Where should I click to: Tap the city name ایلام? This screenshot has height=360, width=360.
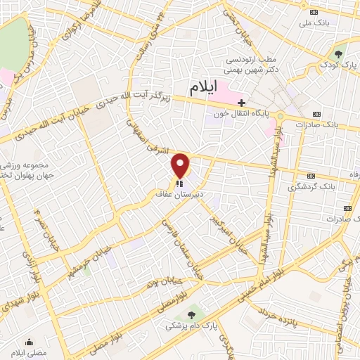point(210,89)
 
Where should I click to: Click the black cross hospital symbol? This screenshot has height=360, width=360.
point(242,102)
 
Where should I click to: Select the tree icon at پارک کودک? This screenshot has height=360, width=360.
point(338,54)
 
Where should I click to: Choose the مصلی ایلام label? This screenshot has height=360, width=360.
point(29,352)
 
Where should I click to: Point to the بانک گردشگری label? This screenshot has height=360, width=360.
point(310,188)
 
